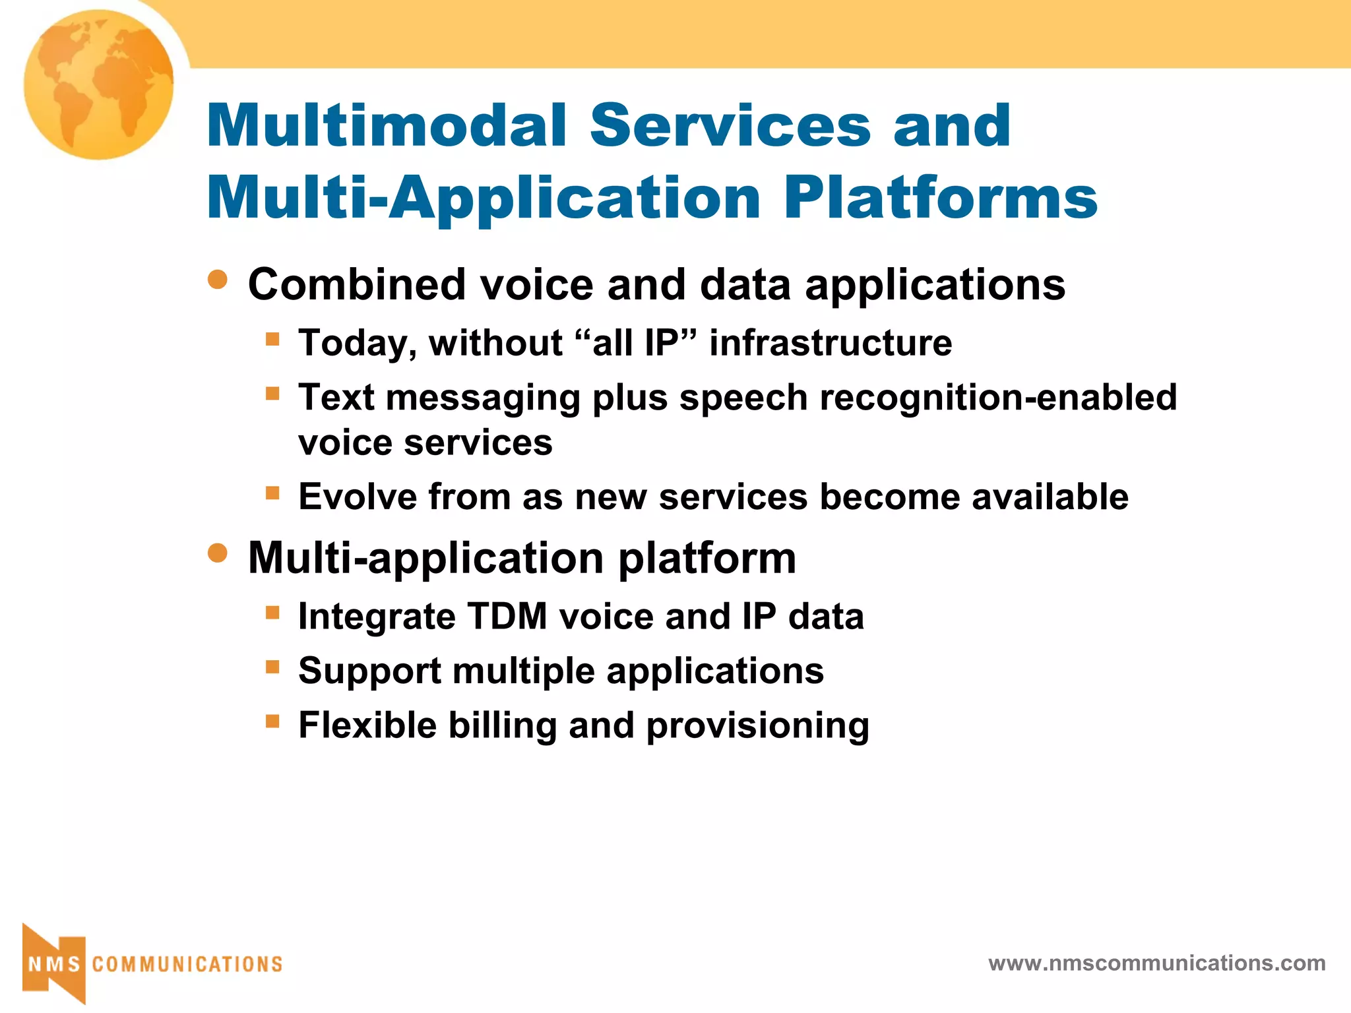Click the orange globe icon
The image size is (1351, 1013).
click(x=99, y=84)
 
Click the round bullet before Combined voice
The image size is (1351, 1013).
click(x=217, y=280)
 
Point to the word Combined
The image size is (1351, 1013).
click(x=357, y=285)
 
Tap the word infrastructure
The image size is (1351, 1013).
click(x=831, y=343)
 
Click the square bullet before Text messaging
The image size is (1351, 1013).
click(x=272, y=394)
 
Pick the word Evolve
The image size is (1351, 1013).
click(x=357, y=497)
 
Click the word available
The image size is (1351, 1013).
click(x=1050, y=497)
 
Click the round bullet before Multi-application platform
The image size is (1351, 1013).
click(x=217, y=553)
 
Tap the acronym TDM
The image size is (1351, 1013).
click(x=507, y=617)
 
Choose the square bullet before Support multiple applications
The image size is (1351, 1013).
click(x=272, y=667)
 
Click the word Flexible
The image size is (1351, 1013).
click(x=367, y=725)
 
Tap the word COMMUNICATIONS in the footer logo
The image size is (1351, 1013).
click(x=187, y=964)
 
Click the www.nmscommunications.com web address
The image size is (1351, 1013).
click(x=1156, y=963)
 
